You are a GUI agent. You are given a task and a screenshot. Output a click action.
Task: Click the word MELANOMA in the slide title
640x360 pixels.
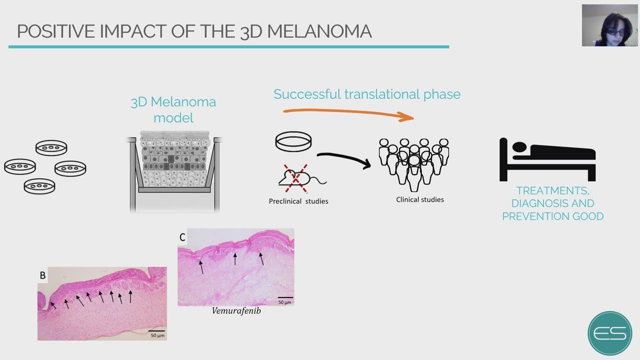click(319, 31)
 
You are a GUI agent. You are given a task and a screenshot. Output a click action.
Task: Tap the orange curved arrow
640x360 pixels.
click(348, 112)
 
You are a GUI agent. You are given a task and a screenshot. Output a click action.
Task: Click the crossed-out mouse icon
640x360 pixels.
click(302, 179)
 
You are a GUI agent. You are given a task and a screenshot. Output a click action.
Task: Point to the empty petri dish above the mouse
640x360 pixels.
click(293, 141)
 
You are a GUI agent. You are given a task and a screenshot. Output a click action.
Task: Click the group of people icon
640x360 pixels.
click(413, 165)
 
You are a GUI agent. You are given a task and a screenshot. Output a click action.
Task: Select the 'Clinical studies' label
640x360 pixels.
click(419, 199)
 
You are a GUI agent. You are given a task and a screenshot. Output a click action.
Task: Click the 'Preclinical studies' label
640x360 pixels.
click(298, 201)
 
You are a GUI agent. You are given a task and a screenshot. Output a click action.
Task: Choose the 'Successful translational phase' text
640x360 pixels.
click(367, 94)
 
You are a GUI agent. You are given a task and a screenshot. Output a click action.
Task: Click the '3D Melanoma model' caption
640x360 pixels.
click(173, 110)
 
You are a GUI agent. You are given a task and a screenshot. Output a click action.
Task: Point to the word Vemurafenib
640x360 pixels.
click(236, 311)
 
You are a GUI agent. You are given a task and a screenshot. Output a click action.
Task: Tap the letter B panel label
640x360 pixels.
click(42, 275)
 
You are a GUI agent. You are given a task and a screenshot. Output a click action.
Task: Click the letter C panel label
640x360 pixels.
click(182, 237)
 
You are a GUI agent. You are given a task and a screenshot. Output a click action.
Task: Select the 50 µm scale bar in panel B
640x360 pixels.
click(156, 331)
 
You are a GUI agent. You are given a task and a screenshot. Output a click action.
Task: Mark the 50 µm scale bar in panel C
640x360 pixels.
click(285, 297)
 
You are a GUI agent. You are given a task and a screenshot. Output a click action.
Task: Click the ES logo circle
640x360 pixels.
click(610, 333)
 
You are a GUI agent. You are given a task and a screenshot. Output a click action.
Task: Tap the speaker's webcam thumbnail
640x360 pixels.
click(609, 25)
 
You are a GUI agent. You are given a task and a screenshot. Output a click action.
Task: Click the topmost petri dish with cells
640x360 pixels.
click(51, 147)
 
